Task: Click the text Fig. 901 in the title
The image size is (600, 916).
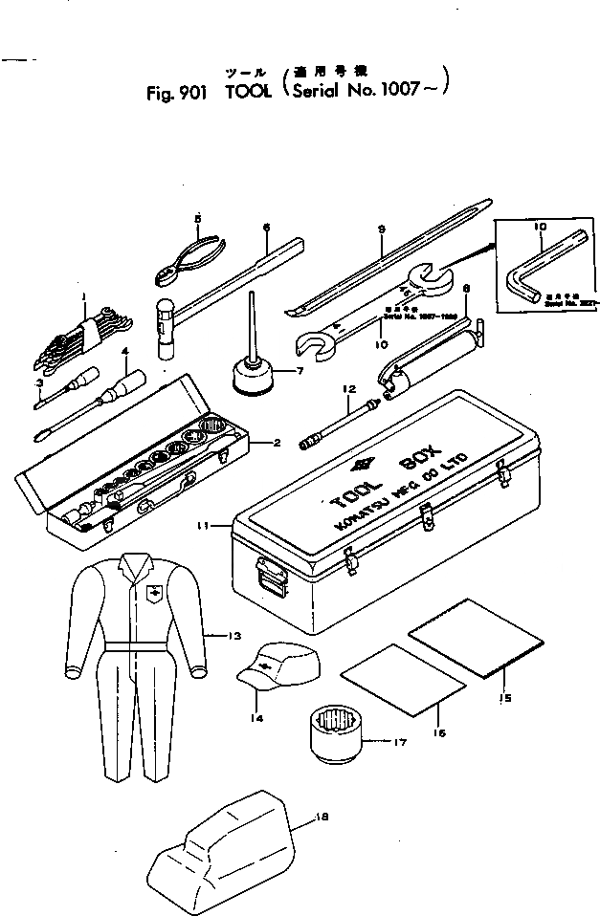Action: tap(173, 96)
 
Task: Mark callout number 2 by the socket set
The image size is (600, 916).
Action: tap(276, 442)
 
